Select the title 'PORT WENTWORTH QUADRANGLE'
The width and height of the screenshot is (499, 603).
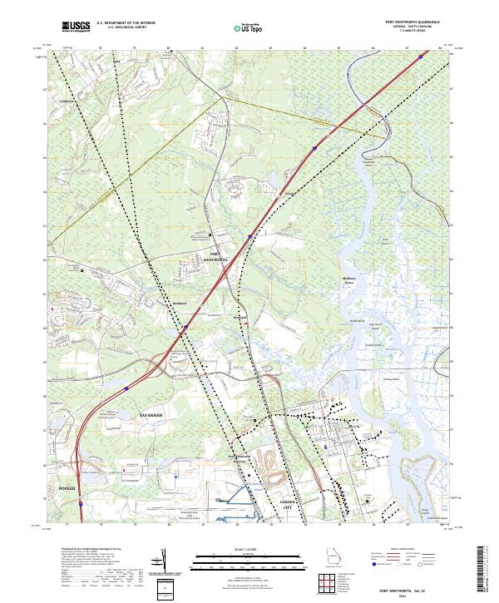413,22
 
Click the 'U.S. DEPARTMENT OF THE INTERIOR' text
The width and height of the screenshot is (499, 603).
126,22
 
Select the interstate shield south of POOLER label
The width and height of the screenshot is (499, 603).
81,502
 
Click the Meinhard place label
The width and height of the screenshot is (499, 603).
180,304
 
